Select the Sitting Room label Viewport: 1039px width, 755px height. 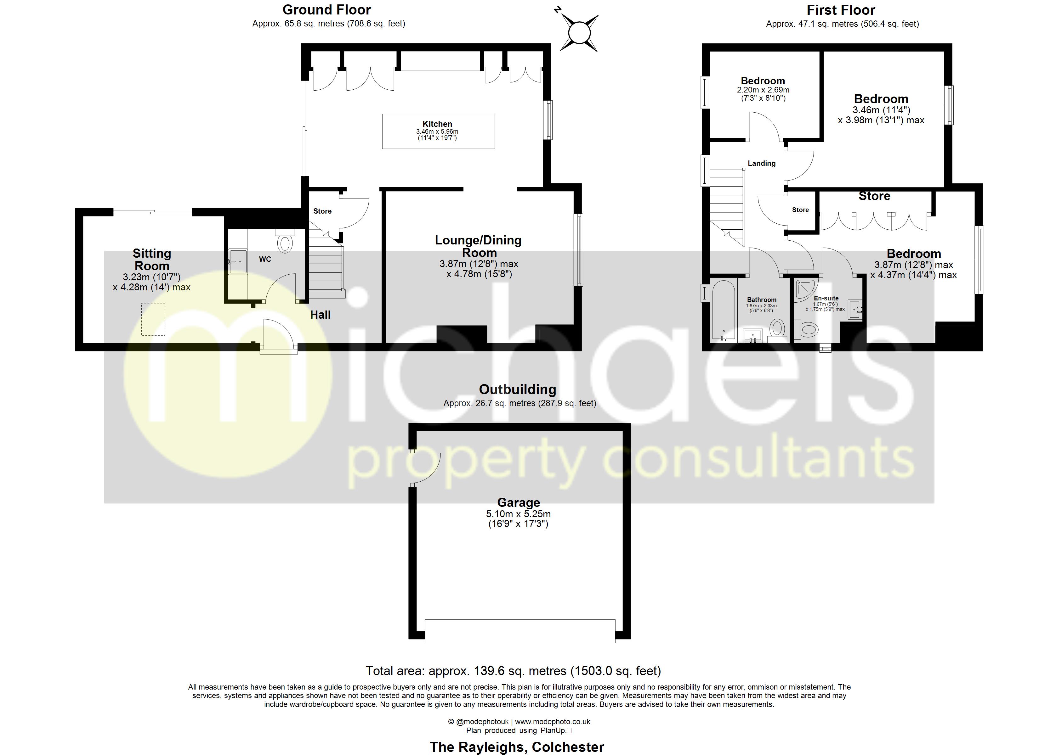(x=152, y=260)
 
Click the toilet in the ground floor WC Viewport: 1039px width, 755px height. (x=285, y=243)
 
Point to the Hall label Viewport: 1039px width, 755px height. (x=320, y=315)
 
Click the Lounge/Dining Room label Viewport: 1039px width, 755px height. (x=478, y=246)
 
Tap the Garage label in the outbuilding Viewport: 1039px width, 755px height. (x=518, y=503)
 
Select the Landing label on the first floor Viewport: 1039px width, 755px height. (x=761, y=164)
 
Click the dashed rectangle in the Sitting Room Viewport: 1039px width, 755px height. (x=153, y=319)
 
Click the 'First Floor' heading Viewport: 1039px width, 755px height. (x=841, y=10)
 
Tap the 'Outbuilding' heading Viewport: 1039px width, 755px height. (x=517, y=390)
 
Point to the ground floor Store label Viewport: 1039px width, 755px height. (x=322, y=211)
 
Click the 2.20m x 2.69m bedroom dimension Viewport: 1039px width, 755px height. (x=763, y=90)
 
